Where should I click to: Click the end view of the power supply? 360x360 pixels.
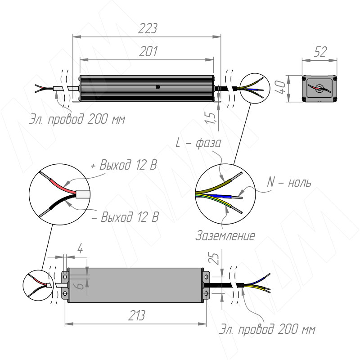(319, 88)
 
